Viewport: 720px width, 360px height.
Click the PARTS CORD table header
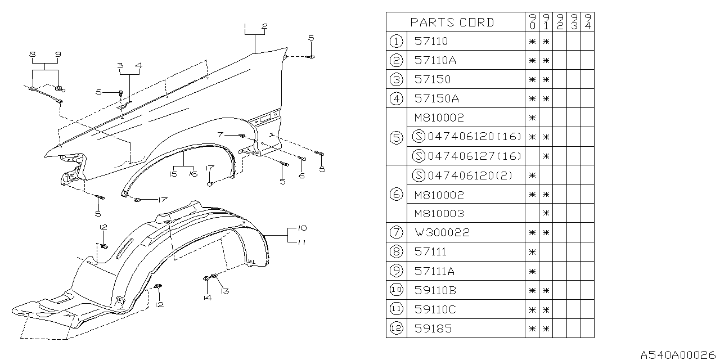pyautogui.click(x=452, y=22)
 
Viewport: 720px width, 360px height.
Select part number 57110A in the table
pyautogui.click(x=436, y=61)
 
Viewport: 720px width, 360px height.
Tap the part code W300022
pyautogui.click(x=441, y=233)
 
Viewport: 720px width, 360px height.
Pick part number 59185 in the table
pyautogui.click(x=433, y=328)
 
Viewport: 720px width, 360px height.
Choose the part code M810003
pyautogui.click(x=439, y=214)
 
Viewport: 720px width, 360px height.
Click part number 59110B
pyautogui.click(x=436, y=290)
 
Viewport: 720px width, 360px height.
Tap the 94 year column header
pyautogui.click(x=587, y=22)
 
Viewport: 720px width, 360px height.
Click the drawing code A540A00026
pyautogui.click(x=680, y=354)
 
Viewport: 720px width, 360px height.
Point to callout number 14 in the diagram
pyautogui.click(x=208, y=298)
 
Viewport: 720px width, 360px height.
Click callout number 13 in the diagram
pyautogui.click(x=225, y=291)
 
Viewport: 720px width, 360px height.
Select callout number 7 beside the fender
pyautogui.click(x=220, y=135)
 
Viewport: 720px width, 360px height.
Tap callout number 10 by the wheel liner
pyautogui.click(x=303, y=228)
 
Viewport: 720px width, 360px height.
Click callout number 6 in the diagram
pyautogui.click(x=301, y=176)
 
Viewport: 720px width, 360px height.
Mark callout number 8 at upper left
pyautogui.click(x=33, y=54)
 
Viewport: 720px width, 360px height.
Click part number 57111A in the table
pyautogui.click(x=434, y=271)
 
